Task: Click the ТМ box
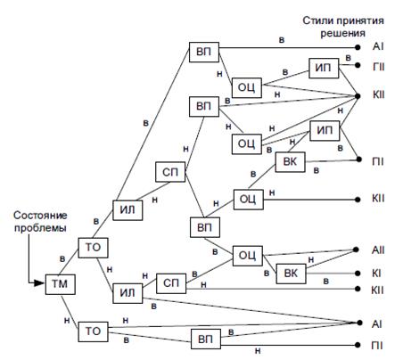60,284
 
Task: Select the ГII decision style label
378,67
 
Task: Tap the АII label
378,250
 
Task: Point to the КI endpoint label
376,273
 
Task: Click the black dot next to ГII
358,65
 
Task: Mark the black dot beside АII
356,250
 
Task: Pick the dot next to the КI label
358,274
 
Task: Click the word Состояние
40,216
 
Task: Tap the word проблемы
40,228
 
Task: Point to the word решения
342,33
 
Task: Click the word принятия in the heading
360,20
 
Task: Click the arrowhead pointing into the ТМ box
39,282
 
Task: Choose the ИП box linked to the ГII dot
324,68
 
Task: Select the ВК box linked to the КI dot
291,274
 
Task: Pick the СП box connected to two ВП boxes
170,172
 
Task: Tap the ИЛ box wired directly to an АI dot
127,293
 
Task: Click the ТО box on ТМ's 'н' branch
93,331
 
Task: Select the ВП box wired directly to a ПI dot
205,339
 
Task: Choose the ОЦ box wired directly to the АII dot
248,256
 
